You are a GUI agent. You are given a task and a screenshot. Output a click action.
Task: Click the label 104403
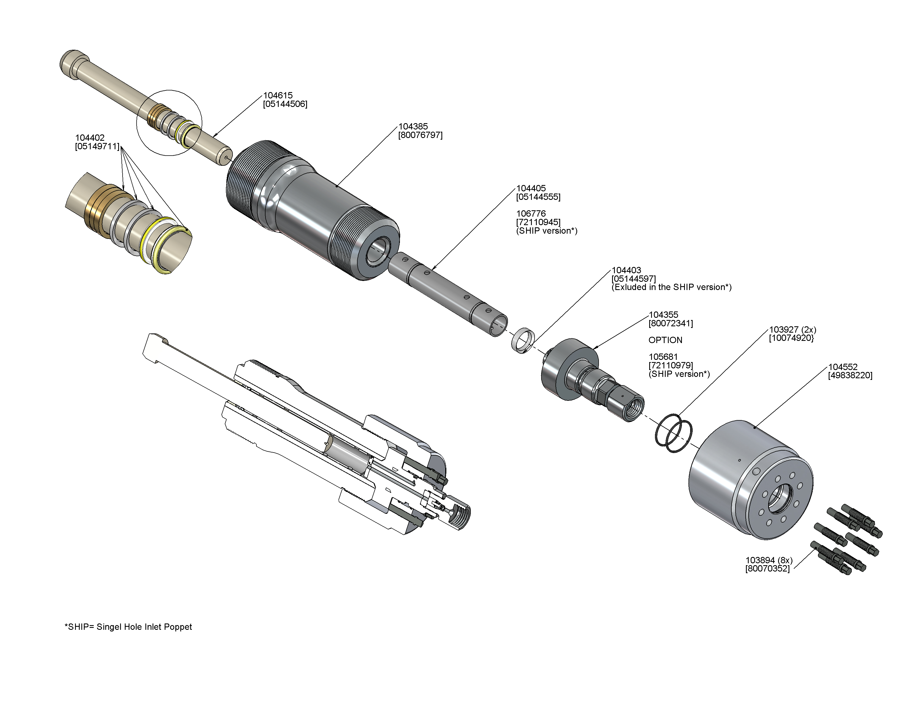point(626,270)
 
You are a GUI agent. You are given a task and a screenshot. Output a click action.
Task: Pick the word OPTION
point(665,340)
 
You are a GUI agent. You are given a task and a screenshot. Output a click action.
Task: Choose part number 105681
point(663,357)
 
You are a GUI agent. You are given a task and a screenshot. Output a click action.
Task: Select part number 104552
point(843,367)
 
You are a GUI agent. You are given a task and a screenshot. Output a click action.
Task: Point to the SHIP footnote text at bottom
point(128,627)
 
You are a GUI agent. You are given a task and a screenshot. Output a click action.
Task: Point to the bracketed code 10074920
point(791,338)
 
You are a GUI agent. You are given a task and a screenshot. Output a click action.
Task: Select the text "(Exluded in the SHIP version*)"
point(671,287)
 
